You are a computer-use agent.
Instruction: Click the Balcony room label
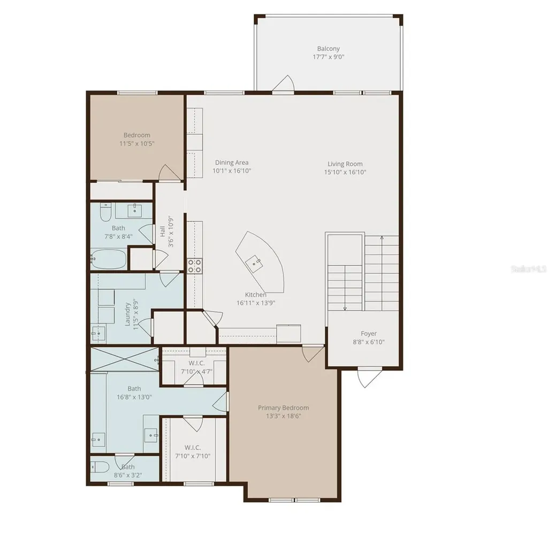tap(328, 49)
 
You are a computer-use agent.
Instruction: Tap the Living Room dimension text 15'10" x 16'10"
tap(345, 172)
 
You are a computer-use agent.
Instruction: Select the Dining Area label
tap(232, 163)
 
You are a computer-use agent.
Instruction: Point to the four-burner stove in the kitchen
tap(195, 266)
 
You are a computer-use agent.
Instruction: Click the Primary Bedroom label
tap(284, 408)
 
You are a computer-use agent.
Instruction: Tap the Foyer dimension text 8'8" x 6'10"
tap(368, 342)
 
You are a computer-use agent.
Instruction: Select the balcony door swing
tap(284, 84)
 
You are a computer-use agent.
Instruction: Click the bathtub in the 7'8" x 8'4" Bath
tap(108, 259)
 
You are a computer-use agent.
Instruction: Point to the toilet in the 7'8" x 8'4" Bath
tap(105, 212)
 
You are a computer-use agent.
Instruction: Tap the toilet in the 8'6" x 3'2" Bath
tap(100, 467)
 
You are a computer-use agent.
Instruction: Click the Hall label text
tap(163, 231)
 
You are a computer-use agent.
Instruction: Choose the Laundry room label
tap(127, 314)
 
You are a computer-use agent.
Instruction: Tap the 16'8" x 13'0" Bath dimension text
tap(134, 397)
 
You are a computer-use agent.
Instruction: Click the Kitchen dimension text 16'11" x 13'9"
tap(256, 303)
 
